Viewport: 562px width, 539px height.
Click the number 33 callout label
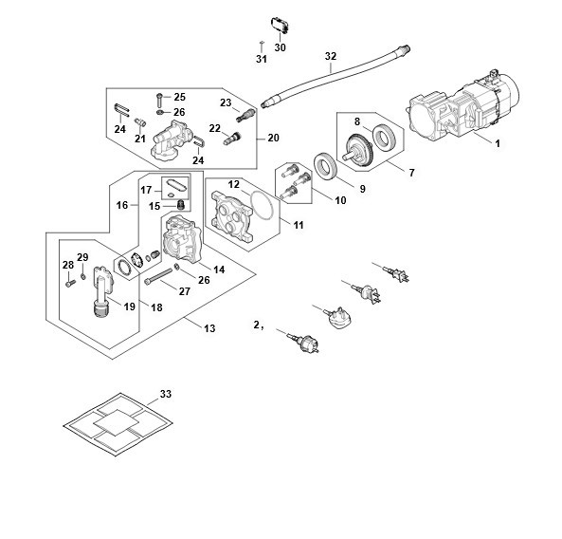pos(166,394)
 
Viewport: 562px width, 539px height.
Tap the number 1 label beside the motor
pos(498,143)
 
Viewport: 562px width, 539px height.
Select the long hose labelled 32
pos(335,78)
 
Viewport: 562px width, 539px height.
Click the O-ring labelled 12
pos(263,205)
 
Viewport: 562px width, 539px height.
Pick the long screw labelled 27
pos(159,276)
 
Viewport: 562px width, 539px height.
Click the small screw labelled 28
pos(70,284)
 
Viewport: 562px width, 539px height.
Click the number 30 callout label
pos(280,47)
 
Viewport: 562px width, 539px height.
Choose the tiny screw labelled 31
pos(262,46)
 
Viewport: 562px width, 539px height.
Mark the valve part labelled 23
pos(245,116)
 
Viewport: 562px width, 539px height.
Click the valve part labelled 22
pos(232,138)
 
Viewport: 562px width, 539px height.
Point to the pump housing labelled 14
pos(183,237)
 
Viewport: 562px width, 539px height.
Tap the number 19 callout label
pos(130,307)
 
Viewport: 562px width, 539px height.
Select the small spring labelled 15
pos(181,205)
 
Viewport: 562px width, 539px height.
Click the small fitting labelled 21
pos(140,122)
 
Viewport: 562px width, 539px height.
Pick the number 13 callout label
pos(209,328)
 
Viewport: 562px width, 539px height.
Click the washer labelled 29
pos(83,276)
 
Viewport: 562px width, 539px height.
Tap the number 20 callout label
pos(273,138)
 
